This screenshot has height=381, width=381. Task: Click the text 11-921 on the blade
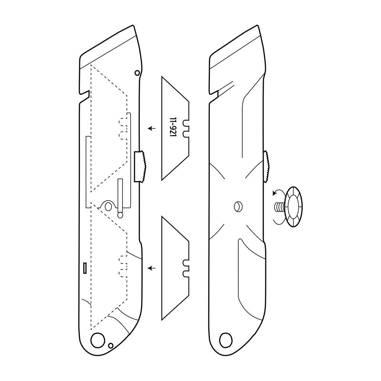click(173, 127)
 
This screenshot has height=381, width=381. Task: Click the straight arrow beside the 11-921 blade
click(152, 128)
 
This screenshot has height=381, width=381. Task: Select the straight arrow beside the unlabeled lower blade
click(152, 268)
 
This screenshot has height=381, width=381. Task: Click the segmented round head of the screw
click(294, 207)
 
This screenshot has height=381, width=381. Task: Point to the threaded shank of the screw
click(281, 207)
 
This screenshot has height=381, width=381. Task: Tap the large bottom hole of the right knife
click(225, 340)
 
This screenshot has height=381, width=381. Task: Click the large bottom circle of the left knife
click(97, 339)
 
